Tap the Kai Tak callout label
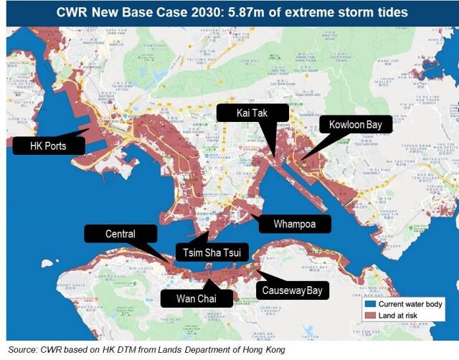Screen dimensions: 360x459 (x=252, y=113)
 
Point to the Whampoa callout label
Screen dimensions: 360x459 (x=293, y=224)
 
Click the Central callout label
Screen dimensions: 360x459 (x=120, y=234)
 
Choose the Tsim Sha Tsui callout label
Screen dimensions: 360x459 (x=212, y=252)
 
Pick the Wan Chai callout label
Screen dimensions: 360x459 (x=195, y=298)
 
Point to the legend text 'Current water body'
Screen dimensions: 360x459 (x=410, y=304)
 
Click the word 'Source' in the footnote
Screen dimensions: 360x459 (x=19, y=349)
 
